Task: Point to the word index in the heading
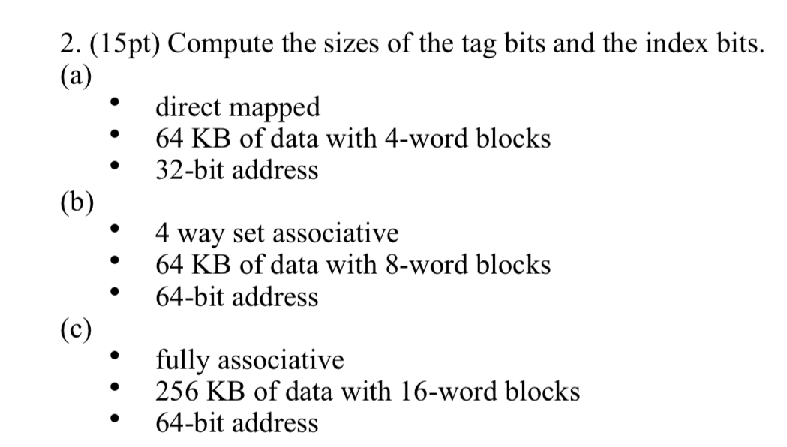666,45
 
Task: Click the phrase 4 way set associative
276,233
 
